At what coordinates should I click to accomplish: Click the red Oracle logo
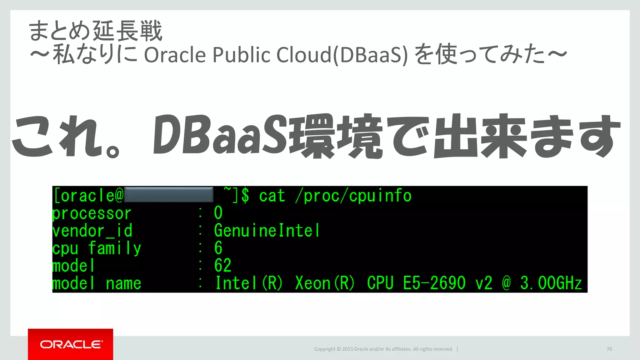click(x=70, y=344)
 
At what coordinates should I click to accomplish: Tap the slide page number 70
click(x=609, y=349)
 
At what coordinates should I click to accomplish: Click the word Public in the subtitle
click(x=241, y=55)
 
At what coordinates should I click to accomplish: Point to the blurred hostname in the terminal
click(x=169, y=195)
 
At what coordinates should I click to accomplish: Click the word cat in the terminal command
click(x=272, y=196)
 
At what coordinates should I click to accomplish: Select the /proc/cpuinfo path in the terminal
click(x=353, y=196)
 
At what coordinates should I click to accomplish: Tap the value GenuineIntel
click(x=267, y=231)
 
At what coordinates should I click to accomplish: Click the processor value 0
click(x=218, y=213)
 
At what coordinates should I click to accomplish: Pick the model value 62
click(x=222, y=265)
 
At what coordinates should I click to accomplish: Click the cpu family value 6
click(x=218, y=248)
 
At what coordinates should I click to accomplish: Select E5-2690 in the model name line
click(x=434, y=283)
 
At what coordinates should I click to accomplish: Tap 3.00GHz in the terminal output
click(x=551, y=283)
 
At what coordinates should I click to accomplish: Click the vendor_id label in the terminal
click(x=92, y=231)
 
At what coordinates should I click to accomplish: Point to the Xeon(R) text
click(x=325, y=283)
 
